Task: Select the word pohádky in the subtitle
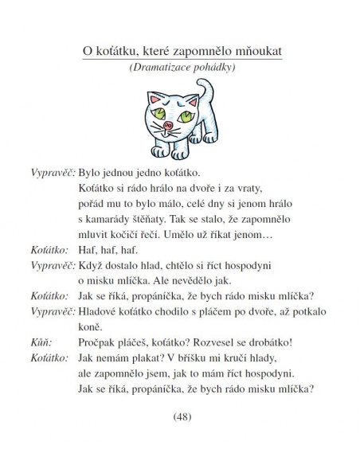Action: click(x=211, y=69)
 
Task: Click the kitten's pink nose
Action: click(x=169, y=124)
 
